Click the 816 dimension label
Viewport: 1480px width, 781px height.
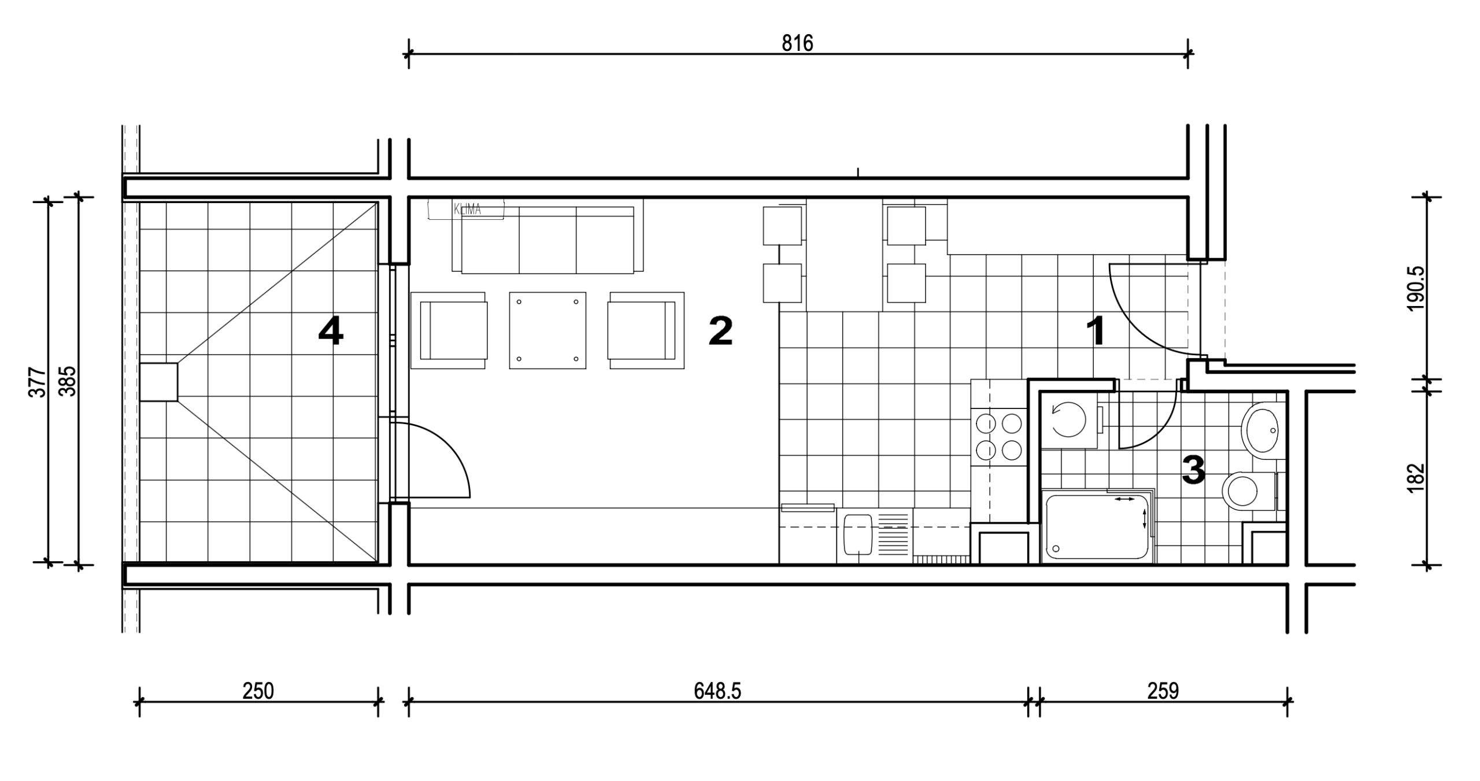[797, 43]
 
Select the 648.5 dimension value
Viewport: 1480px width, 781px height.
[717, 691]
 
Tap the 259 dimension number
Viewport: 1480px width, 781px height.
[1163, 691]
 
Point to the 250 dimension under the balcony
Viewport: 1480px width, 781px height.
[258, 691]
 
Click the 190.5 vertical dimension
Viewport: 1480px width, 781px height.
[1416, 289]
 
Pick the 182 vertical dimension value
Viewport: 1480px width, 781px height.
[1416, 478]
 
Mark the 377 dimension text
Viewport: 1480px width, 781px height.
[37, 382]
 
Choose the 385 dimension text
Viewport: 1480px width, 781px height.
[68, 381]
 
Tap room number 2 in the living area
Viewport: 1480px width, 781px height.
[721, 331]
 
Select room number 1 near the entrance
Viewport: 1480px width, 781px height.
[1096, 331]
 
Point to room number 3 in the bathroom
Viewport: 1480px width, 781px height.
[1193, 470]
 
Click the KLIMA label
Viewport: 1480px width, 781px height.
[467, 209]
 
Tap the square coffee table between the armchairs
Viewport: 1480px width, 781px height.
[547, 330]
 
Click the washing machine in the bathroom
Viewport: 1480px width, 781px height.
[1069, 421]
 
